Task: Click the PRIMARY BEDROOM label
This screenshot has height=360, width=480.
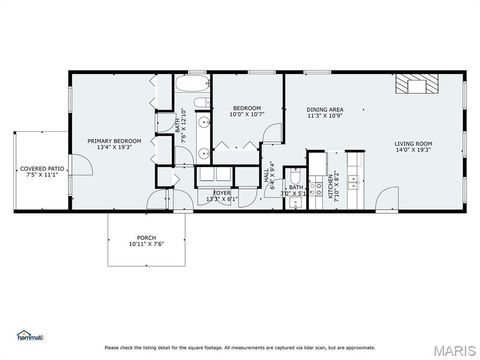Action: point(113,141)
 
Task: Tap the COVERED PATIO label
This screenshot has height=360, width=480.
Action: point(41,169)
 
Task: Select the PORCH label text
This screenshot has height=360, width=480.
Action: point(145,238)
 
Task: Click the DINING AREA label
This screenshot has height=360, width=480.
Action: point(325,110)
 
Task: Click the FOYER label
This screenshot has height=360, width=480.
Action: point(221,192)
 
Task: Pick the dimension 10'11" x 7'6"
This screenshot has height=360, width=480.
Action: point(145,245)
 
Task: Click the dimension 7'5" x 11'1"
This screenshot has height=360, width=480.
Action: point(41,176)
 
